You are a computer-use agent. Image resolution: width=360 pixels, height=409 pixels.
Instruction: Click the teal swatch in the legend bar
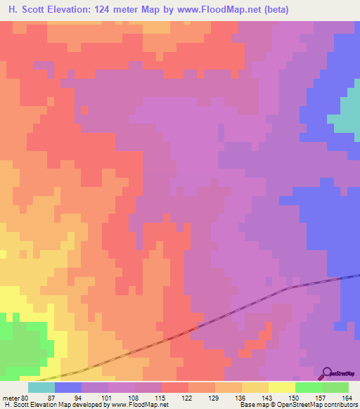tap(41, 387)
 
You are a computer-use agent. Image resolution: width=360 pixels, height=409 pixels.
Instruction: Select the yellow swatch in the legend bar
tap(282, 387)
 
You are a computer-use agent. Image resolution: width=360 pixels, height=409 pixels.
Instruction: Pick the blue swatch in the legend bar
tap(68, 387)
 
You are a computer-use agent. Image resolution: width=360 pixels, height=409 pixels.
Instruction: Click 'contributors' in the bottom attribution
tap(341, 405)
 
